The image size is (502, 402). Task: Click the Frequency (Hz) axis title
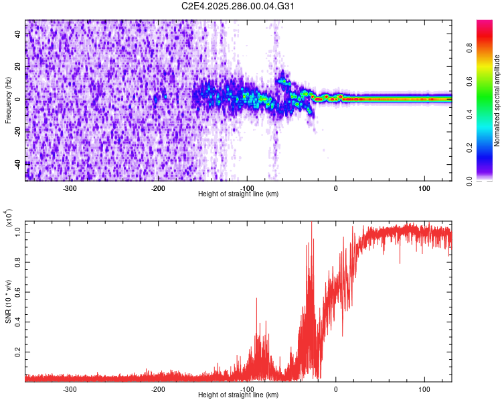pyautogui.click(x=8, y=100)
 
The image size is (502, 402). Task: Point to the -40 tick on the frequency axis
pyautogui.click(x=16, y=163)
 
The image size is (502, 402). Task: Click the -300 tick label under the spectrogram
pyautogui.click(x=70, y=188)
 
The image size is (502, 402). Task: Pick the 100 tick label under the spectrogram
pyautogui.click(x=424, y=188)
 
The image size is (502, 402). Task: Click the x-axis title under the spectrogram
pyautogui.click(x=238, y=194)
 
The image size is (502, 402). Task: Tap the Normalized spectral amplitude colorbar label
pyautogui.click(x=497, y=100)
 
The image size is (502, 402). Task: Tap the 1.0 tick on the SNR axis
pyautogui.click(x=18, y=232)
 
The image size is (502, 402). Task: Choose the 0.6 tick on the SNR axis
pyautogui.click(x=18, y=291)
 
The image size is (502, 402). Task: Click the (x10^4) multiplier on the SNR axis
pyautogui.click(x=8, y=218)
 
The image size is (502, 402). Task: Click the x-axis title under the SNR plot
pyautogui.click(x=238, y=395)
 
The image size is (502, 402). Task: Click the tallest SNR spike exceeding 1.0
pyautogui.click(x=311, y=224)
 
